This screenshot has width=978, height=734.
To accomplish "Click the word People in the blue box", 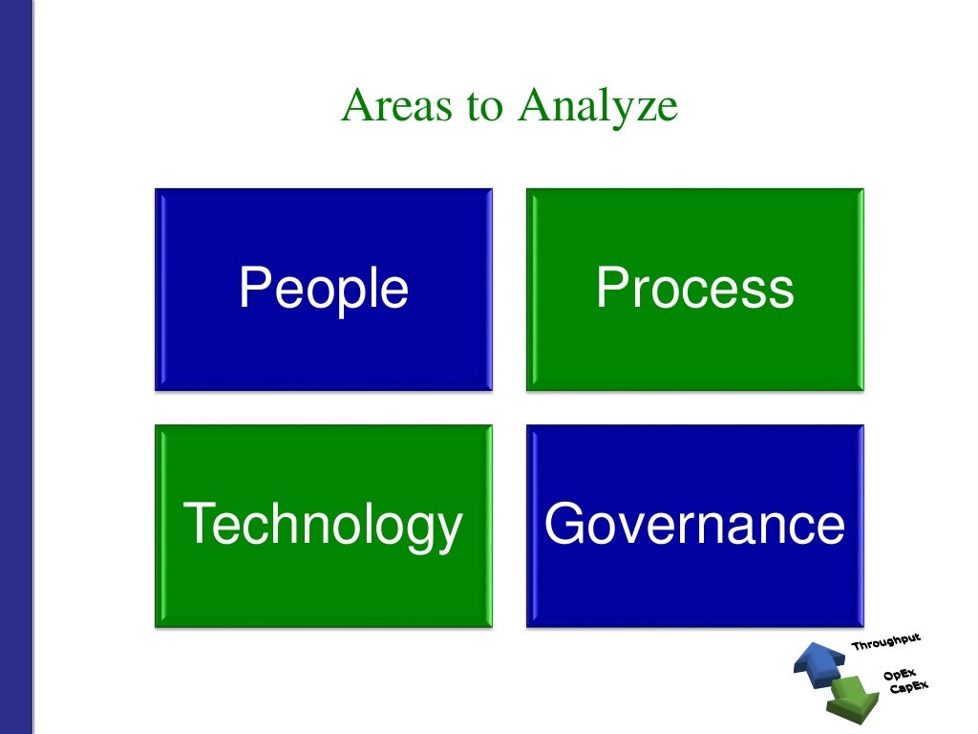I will (x=324, y=289).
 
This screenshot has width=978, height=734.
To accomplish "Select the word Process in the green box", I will (x=694, y=288).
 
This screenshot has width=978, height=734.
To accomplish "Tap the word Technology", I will (x=323, y=525).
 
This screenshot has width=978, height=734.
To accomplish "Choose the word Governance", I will (x=694, y=525).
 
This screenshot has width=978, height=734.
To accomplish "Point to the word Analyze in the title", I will (x=598, y=107).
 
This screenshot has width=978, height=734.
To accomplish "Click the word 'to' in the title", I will (x=484, y=107).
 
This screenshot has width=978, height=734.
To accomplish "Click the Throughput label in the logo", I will (x=886, y=643).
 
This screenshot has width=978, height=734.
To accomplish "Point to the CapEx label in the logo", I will (x=907, y=687).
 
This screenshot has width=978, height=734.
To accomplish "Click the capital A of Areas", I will (x=355, y=106).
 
